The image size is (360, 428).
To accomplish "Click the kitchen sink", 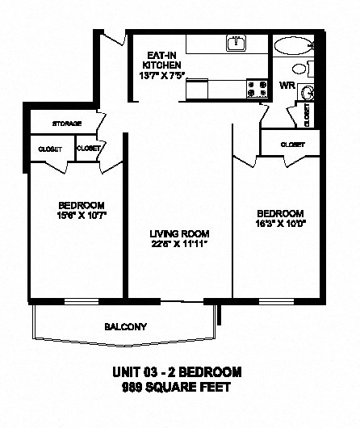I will pos(236,43).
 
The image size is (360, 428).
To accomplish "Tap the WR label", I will pos(286,85).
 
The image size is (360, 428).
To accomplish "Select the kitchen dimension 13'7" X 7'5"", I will pos(161,78).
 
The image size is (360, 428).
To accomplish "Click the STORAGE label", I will pos(66,124).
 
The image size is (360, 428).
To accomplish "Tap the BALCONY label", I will pos(124,327).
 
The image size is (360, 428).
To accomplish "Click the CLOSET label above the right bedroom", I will pos(293,144).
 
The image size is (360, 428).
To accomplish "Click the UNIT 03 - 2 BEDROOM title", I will pos(175,373).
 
